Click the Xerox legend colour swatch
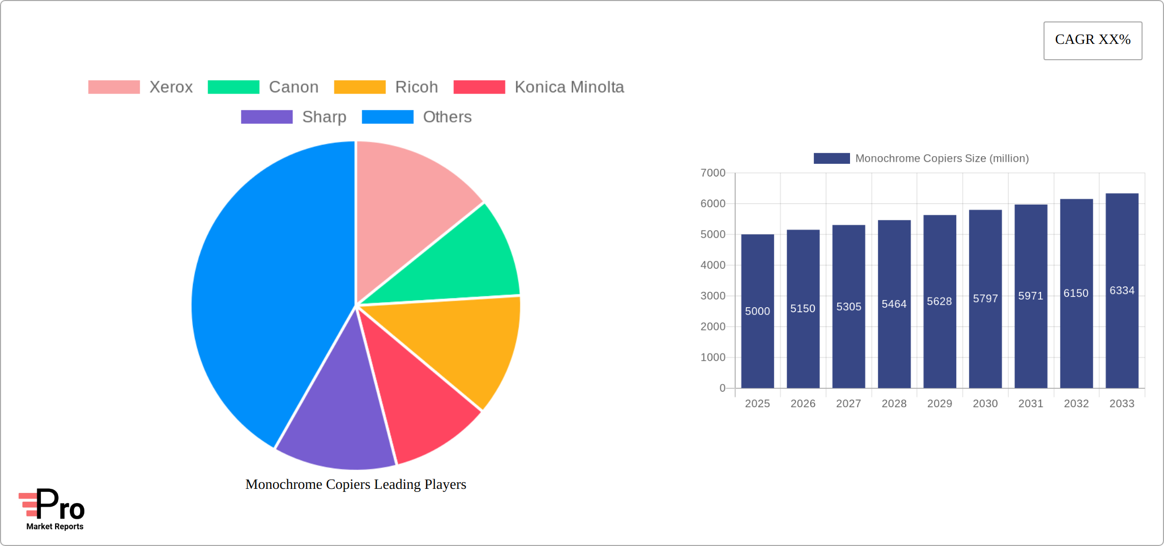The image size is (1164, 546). [114, 87]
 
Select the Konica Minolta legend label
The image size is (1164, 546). [569, 87]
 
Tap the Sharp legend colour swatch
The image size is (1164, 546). [266, 117]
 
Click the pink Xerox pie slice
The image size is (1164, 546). [408, 204]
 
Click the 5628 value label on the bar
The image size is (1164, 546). [939, 302]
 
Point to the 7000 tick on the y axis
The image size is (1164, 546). [713, 173]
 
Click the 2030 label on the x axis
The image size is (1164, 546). [985, 404]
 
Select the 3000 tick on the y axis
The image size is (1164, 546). [713, 296]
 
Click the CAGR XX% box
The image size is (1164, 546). [1093, 40]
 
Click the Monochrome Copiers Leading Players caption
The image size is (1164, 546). [356, 484]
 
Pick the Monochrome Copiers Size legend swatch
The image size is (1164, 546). [832, 159]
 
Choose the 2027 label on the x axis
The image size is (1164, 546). [848, 404]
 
